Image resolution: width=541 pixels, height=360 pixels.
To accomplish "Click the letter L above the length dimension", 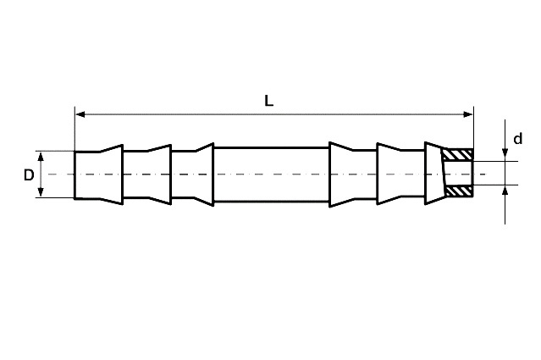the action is [x=268, y=101].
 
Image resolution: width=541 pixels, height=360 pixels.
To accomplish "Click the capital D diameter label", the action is [x=29, y=175].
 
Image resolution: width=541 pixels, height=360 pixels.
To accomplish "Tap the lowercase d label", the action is [x=518, y=139].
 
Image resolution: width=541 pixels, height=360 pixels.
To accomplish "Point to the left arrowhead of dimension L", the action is [x=80, y=114].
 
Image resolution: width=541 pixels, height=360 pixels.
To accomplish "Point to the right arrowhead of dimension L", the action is [x=468, y=114].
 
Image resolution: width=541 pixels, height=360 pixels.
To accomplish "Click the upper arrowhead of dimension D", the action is [x=41, y=157].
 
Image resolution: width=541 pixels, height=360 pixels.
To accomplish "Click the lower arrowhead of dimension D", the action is [x=41, y=192].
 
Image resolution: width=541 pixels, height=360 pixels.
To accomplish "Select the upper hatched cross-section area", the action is [x=457, y=155].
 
